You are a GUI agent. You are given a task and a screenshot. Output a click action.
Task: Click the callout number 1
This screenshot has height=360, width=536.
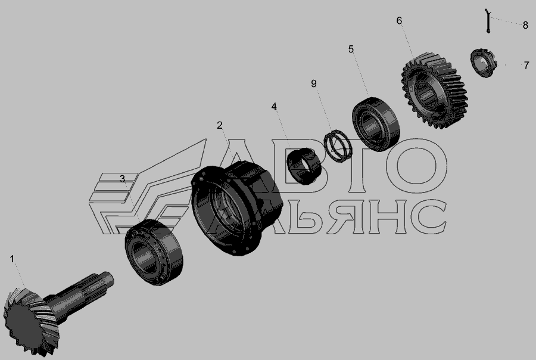tap(12, 259)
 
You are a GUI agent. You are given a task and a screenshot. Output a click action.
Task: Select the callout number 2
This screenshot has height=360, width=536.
tap(219, 125)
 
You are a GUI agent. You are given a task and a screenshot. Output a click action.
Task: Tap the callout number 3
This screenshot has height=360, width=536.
tap(122, 179)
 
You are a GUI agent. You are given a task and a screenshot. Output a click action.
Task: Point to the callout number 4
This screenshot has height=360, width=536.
tap(274, 107)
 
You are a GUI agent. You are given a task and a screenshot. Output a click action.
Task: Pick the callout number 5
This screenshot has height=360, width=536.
tap(351, 49)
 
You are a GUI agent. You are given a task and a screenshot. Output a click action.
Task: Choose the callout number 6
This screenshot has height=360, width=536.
tap(399, 21)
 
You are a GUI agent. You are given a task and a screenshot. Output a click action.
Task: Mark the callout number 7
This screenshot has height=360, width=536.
tap(526, 65)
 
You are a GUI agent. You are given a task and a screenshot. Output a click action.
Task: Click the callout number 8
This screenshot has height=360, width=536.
tap(525, 25)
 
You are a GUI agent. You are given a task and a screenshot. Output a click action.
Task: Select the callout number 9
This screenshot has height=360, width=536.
tap(314, 83)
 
